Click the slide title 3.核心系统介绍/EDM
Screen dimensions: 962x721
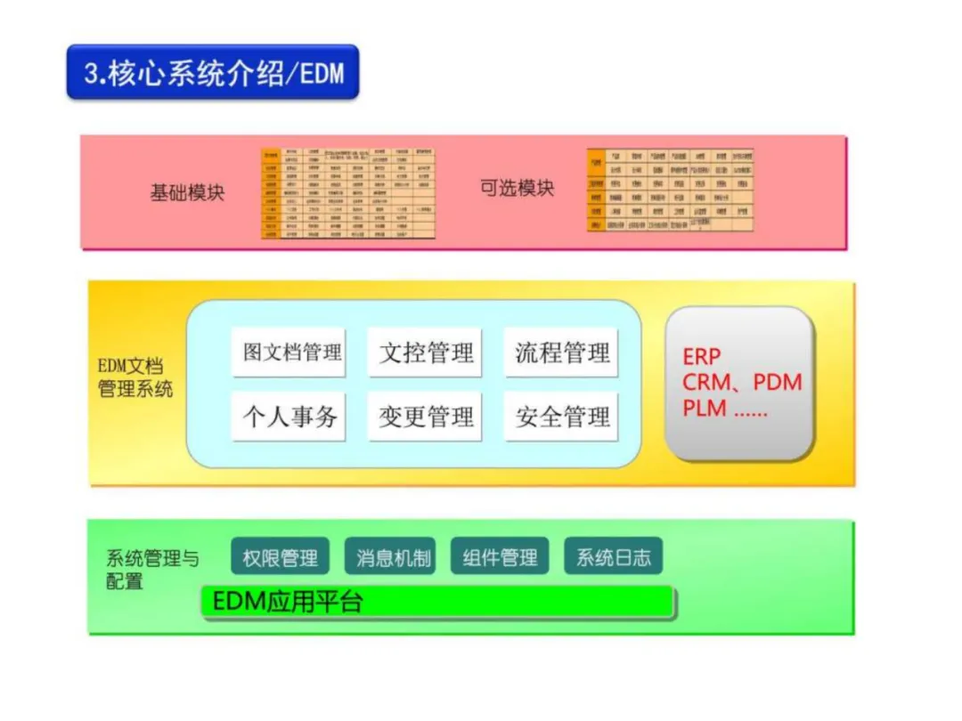pyautogui.click(x=213, y=72)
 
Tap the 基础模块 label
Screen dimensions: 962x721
pyautogui.click(x=187, y=192)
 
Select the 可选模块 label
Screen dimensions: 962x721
pyautogui.click(x=517, y=189)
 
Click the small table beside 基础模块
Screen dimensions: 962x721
pyautogui.click(x=348, y=193)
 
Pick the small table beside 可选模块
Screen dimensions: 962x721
pyautogui.click(x=670, y=190)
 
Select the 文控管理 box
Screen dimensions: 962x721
pyautogui.click(x=426, y=352)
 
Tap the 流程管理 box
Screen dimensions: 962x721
pyautogui.click(x=562, y=352)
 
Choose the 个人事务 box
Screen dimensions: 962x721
pyautogui.click(x=289, y=417)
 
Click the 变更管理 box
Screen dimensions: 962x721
pyautogui.click(x=426, y=417)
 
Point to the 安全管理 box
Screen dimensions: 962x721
pyautogui.click(x=562, y=417)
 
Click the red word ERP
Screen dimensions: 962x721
pyautogui.click(x=701, y=357)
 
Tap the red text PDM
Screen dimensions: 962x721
pyautogui.click(x=777, y=383)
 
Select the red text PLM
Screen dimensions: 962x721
pyautogui.click(x=705, y=409)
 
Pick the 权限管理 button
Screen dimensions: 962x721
pyautogui.click(x=281, y=557)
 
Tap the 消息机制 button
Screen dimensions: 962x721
pyautogui.click(x=393, y=557)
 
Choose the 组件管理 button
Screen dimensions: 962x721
pyautogui.click(x=500, y=557)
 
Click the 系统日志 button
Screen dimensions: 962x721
pyautogui.click(x=613, y=557)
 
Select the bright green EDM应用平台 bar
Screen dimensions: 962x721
pyautogui.click(x=436, y=602)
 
